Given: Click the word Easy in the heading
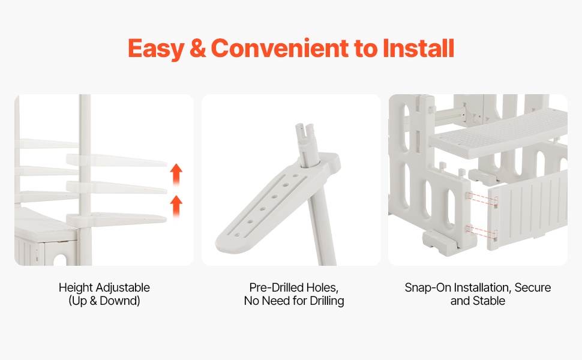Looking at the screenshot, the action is (156, 49).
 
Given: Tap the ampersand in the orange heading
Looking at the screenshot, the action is (197, 48).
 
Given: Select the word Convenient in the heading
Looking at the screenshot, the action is (280, 48).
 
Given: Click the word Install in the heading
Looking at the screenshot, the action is (418, 48).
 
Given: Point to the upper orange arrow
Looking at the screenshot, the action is (176, 175).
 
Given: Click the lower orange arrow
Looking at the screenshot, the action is (176, 206).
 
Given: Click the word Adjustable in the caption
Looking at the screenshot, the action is (122, 287).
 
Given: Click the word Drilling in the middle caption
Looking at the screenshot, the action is (326, 301).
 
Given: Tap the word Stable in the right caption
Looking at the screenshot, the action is (488, 301).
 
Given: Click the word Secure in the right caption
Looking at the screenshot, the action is (533, 287).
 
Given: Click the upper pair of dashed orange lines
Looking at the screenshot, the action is (482, 199).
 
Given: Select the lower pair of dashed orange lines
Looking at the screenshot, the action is (482, 231).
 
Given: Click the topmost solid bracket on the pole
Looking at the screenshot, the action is (116, 160).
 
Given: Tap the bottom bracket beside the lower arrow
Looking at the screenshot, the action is (116, 219).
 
